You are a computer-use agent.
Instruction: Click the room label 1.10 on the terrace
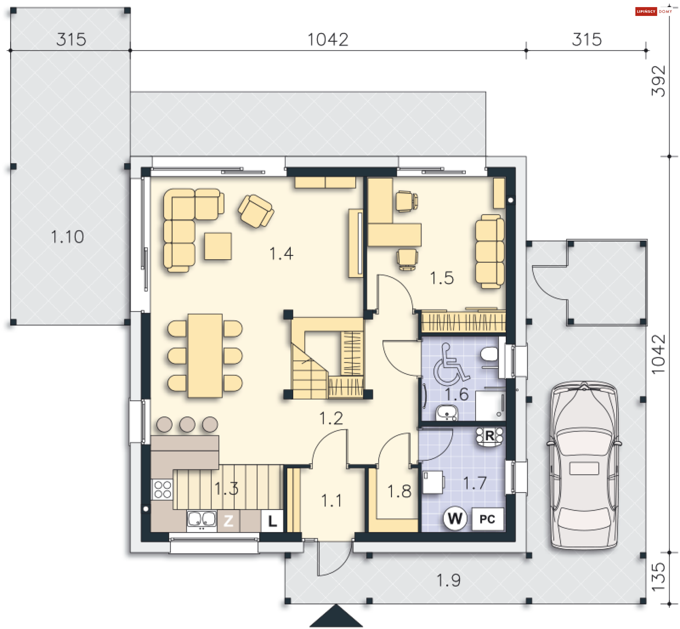pos(67,237)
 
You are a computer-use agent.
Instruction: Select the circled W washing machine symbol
pos(455,518)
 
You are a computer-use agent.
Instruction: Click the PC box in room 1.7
pos(487,519)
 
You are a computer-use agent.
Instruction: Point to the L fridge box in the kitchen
pos(272,521)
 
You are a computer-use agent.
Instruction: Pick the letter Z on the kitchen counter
pos(228,521)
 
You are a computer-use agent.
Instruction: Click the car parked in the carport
pos(584,465)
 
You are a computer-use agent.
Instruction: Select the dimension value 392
pos(658,81)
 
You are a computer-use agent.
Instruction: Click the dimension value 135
pos(658,577)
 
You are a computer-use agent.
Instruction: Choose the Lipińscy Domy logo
pos(654,11)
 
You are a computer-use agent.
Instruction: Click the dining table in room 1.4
pos(205,356)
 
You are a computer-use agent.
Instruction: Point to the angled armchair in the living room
pos(256,211)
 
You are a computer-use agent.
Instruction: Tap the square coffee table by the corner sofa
pos(218,246)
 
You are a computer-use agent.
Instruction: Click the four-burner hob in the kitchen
pos(163,489)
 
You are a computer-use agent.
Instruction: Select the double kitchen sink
pos(202,521)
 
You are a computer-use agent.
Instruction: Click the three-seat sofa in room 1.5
pos(490,251)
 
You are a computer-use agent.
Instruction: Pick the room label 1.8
pos(399,491)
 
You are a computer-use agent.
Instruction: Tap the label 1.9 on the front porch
pos(448,580)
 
